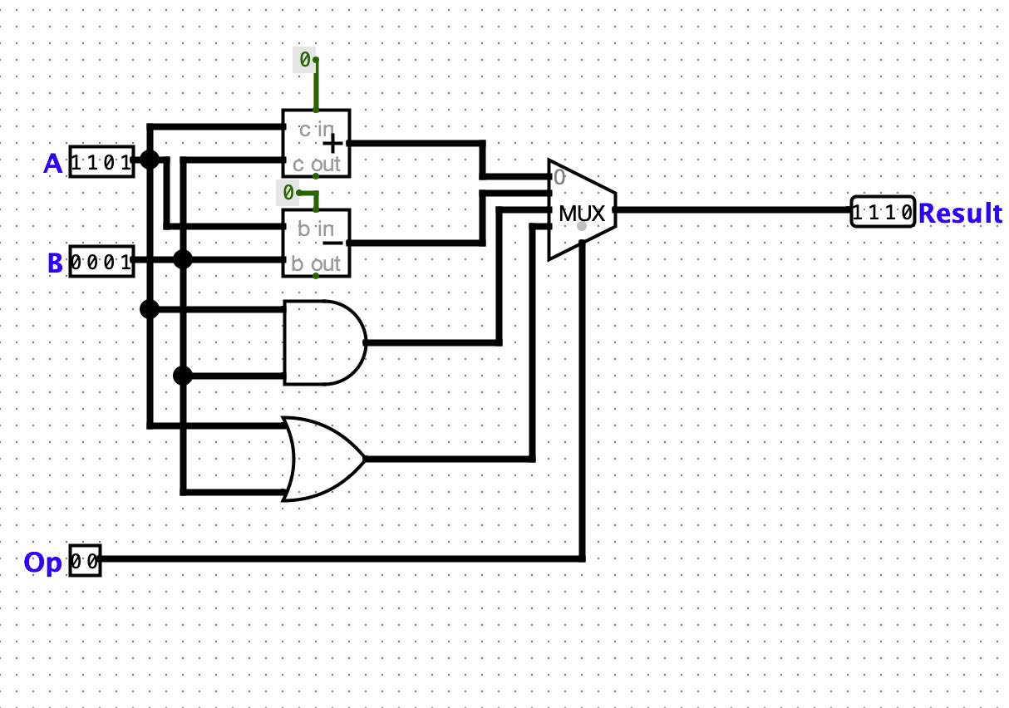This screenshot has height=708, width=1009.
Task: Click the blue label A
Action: (x=52, y=163)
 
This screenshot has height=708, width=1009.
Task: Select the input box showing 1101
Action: (x=101, y=162)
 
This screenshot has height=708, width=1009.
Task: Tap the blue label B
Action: (x=55, y=263)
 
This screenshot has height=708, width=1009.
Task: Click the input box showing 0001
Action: (x=101, y=262)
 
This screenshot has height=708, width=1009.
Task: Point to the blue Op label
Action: (x=42, y=563)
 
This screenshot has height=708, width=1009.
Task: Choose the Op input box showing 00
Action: (x=85, y=561)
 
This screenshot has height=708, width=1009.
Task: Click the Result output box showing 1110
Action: (x=883, y=212)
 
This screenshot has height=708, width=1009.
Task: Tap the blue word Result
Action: (x=960, y=213)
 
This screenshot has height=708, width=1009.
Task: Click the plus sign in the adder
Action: (x=333, y=144)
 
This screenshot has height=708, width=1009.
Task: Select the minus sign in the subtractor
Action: (x=333, y=243)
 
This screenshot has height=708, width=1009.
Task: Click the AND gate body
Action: (x=325, y=342)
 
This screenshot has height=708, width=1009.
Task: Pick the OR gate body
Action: (x=323, y=459)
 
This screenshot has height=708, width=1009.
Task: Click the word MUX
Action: (x=582, y=214)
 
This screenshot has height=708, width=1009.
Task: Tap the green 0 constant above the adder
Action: (x=305, y=60)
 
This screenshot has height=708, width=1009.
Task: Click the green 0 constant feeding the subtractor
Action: (x=288, y=193)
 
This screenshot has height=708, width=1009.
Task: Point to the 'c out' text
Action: (x=316, y=165)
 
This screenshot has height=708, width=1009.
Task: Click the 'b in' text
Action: (x=316, y=229)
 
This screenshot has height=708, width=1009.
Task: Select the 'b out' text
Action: (x=316, y=263)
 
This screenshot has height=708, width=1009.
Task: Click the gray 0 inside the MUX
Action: (x=559, y=178)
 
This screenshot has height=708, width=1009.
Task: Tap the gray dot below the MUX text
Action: (x=582, y=226)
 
